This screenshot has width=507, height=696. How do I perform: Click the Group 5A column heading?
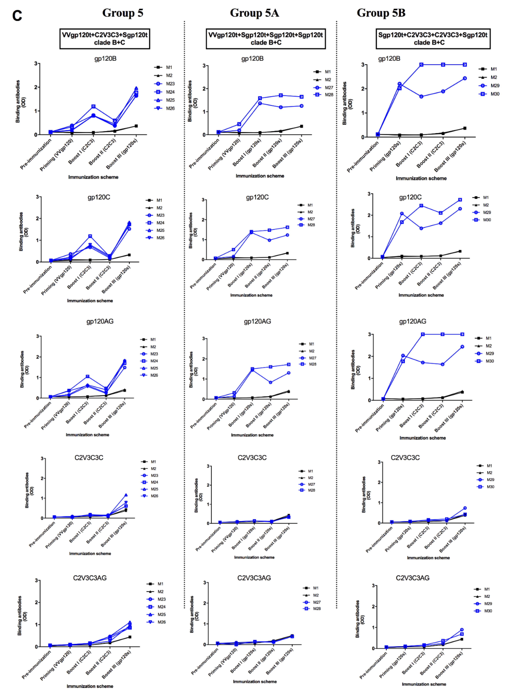(254, 13)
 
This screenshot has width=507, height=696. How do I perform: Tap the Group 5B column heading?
(381, 13)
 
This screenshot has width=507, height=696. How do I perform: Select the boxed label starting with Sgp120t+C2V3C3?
(433, 39)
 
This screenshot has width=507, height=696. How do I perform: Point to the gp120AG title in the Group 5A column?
(257, 321)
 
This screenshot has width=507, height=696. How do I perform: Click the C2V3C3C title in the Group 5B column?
(405, 458)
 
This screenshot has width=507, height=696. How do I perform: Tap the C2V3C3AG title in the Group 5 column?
(90, 578)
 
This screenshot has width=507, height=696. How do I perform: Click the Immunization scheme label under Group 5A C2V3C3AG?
(255, 681)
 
